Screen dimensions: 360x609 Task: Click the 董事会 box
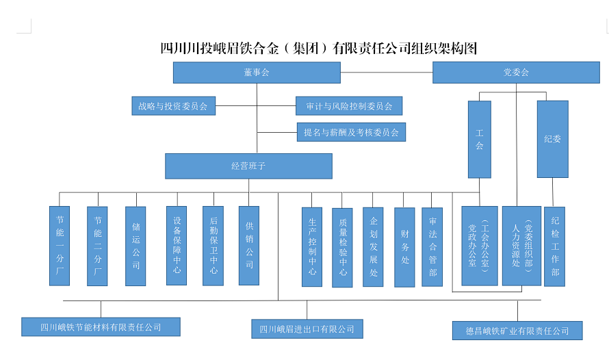click(x=257, y=73)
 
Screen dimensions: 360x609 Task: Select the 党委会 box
click(x=516, y=73)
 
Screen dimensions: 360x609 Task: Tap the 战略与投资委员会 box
click(x=173, y=106)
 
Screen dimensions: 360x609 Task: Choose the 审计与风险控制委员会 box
click(x=349, y=106)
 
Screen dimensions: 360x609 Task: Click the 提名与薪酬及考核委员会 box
click(x=352, y=132)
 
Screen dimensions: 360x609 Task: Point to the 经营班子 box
click(x=248, y=166)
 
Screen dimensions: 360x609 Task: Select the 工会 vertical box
click(x=479, y=139)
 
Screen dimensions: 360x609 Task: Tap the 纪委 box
click(x=552, y=139)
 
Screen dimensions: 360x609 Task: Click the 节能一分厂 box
click(x=60, y=246)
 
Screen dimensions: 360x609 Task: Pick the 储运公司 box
click(x=135, y=246)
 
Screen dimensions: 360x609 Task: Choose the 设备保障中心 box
click(x=177, y=245)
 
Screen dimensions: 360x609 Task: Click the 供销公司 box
click(x=249, y=245)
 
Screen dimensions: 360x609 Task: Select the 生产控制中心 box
click(x=312, y=246)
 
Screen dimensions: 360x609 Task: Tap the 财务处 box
click(x=404, y=247)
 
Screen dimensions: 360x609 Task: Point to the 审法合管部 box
click(x=432, y=247)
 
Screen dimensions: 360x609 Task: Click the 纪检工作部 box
click(x=554, y=246)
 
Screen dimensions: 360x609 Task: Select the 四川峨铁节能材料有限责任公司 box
click(x=101, y=327)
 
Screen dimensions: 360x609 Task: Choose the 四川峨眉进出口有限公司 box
click(x=307, y=329)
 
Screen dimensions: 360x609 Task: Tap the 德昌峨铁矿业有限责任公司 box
click(x=517, y=331)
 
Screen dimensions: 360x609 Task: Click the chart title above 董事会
click(x=318, y=49)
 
